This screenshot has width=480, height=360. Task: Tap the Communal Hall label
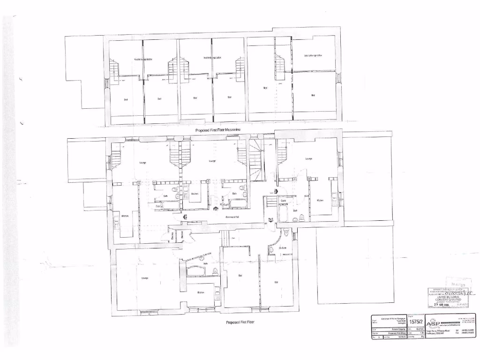233,217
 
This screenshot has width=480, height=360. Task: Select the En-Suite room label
283,247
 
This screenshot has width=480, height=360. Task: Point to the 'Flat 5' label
271,219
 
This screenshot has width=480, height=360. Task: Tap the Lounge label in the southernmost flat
145,278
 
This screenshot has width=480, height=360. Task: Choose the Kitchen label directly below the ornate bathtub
201,292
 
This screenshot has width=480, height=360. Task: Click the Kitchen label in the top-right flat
320,201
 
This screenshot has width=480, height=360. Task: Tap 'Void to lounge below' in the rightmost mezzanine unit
312,55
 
